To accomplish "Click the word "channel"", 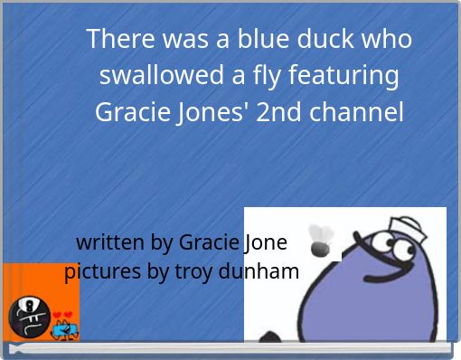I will point(357,113).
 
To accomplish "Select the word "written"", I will point(110,242).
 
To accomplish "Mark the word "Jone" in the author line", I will point(264,242).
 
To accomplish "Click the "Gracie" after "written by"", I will point(209,242).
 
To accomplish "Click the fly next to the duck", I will point(319,240).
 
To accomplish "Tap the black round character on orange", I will point(24,316).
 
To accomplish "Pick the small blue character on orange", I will point(62,329).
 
